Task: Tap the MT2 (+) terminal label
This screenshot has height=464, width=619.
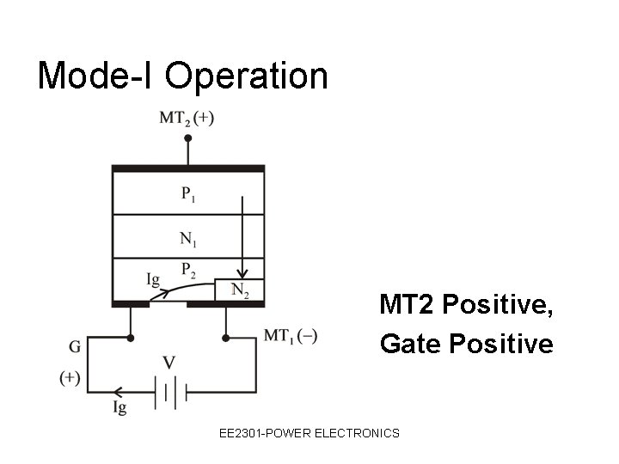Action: (x=187, y=118)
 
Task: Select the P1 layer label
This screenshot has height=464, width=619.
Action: (x=188, y=193)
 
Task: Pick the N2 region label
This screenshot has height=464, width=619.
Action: (x=240, y=290)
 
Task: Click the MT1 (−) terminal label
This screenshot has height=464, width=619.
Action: (x=291, y=336)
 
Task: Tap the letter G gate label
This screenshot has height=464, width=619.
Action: (x=75, y=348)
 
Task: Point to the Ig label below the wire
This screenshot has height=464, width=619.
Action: (x=119, y=408)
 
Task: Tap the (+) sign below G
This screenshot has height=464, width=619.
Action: (x=70, y=376)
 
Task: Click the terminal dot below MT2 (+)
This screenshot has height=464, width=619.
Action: (x=187, y=137)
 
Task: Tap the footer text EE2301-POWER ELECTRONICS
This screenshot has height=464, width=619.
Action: (x=309, y=433)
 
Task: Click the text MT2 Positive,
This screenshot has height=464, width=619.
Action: (x=466, y=305)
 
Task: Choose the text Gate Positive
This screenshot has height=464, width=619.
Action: (x=466, y=344)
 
